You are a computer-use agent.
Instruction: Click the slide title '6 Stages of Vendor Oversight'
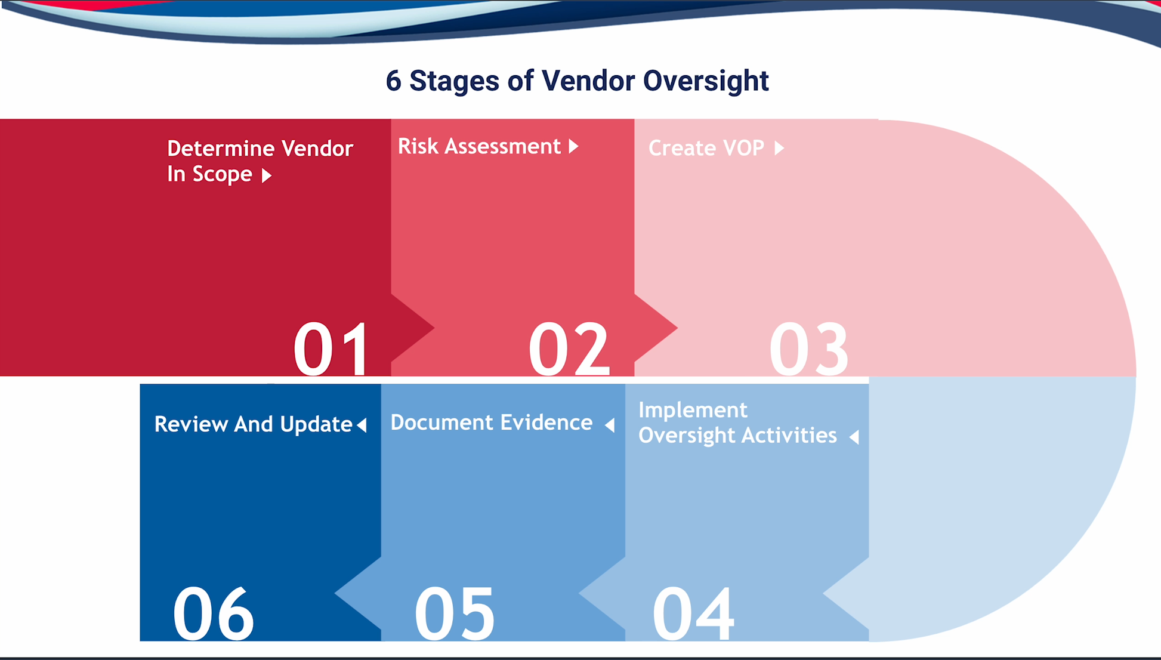[x=577, y=81]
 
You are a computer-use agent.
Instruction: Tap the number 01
[x=331, y=348]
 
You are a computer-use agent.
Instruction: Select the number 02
[x=569, y=348]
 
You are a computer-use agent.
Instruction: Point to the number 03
[x=808, y=348]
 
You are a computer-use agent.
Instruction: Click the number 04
[x=693, y=613]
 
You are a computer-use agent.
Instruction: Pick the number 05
[x=455, y=613]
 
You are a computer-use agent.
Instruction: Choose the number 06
[x=213, y=613]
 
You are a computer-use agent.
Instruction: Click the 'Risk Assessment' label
[x=479, y=146]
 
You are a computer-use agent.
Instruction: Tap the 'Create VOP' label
[x=706, y=148]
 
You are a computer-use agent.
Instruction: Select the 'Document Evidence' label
[x=491, y=422]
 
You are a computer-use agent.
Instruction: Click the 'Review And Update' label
[x=253, y=424]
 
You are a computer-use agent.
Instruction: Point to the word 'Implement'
[x=693, y=411]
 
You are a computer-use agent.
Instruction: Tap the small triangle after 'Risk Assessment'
[x=574, y=146]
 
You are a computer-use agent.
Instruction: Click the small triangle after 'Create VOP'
[x=779, y=148]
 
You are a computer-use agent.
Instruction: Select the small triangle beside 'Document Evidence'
[x=609, y=424]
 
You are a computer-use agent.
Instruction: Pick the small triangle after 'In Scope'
[x=267, y=175]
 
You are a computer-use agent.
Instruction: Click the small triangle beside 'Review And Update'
[x=362, y=425]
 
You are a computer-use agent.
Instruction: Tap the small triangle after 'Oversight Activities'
[x=854, y=437]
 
